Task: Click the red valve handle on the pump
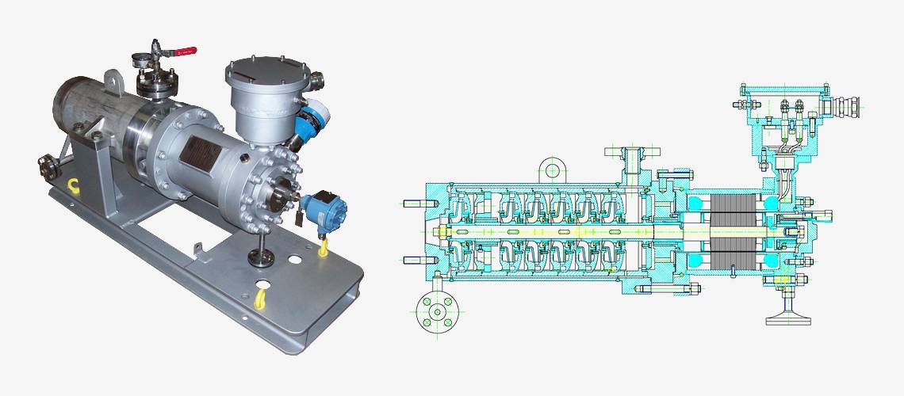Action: pyautogui.click(x=184, y=52)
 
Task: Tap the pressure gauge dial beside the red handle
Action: pyautogui.click(x=141, y=59)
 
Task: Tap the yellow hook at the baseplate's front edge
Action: pyautogui.click(x=260, y=298)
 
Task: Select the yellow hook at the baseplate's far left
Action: pyautogui.click(x=73, y=187)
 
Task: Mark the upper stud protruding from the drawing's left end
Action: pyautogui.click(x=415, y=204)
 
